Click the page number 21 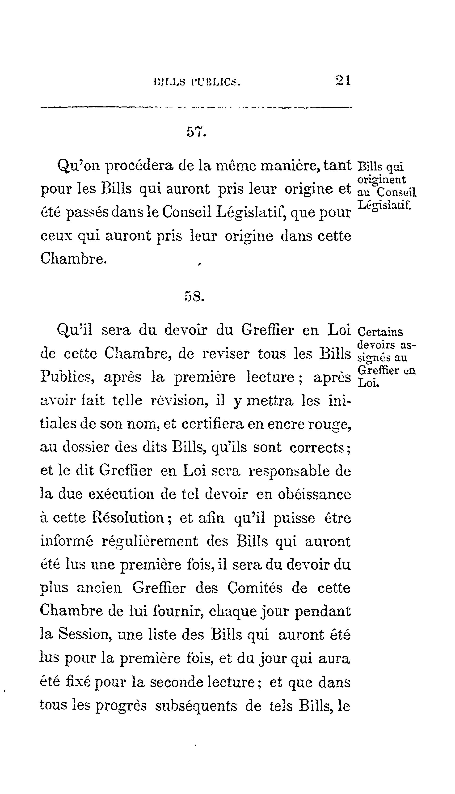tap(343, 81)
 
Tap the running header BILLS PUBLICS tap(198, 82)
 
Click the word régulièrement tap(150, 542)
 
